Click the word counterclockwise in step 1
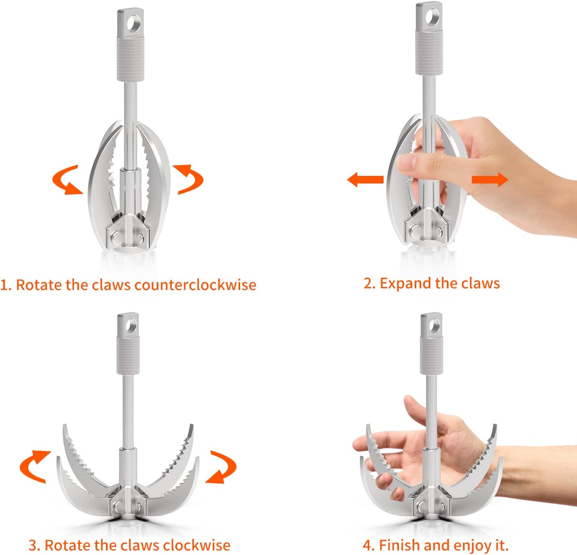point(195,285)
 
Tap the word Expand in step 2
point(405,283)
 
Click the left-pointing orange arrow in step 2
point(365,179)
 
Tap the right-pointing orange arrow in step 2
point(490,179)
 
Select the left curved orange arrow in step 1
point(66,180)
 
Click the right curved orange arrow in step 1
point(188,179)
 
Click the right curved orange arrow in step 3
point(222,467)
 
